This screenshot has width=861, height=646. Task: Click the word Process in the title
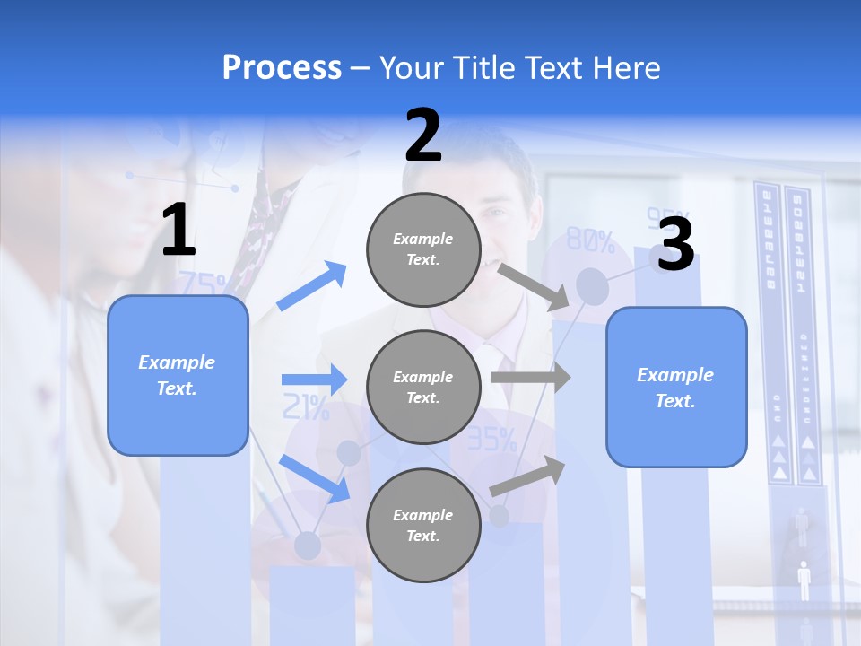[x=282, y=67]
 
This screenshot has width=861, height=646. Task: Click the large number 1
[x=178, y=231]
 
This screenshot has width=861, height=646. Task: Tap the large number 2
[x=423, y=135]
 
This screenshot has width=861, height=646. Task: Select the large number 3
[x=675, y=244]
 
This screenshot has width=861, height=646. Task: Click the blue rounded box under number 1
[x=178, y=375]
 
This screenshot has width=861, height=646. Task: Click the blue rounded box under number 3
[x=676, y=387]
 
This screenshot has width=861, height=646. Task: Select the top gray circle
[x=423, y=249]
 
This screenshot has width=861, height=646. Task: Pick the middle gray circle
[x=423, y=387]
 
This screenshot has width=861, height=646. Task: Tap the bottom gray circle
[x=423, y=525]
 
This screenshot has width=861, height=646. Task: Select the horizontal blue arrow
[x=314, y=380]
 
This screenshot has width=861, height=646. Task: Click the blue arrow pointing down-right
[x=314, y=478]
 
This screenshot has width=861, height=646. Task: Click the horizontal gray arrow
[x=530, y=377]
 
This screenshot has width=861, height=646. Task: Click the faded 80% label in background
[x=590, y=241]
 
